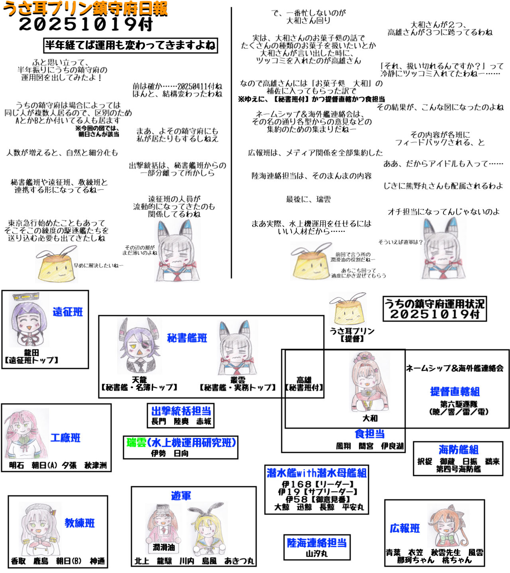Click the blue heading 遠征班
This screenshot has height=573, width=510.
coord(68,312)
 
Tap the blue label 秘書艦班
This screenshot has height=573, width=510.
coord(187,338)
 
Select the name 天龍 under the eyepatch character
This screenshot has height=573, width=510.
coord(139,380)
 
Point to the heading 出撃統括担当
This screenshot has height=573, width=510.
coord(181,411)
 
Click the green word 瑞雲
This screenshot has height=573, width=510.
coord(136,442)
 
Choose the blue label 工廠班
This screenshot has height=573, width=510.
coord(65,438)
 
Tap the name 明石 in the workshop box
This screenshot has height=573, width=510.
coord(16,465)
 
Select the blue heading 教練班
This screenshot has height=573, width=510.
coord(80,523)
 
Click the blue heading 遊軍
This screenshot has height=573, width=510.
coord(181,496)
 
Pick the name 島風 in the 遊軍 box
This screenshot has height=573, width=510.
coord(209,561)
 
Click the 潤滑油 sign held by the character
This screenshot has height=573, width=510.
coord(164,548)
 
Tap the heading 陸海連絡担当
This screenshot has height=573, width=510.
coord(317,543)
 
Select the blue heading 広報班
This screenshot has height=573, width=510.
coord(405,528)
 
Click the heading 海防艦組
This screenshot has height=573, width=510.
coord(458,450)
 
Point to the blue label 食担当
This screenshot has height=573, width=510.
coord(370,434)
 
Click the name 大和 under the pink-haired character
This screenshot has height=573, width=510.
coord(370,418)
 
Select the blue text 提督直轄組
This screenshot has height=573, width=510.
coord(455,392)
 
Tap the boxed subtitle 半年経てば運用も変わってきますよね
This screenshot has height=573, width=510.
coord(130,45)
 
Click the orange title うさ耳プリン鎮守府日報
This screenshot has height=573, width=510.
coord(85,9)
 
